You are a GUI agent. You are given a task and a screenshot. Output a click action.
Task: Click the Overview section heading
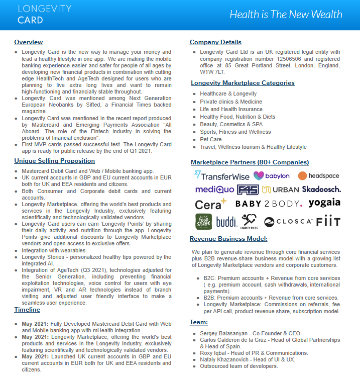pos(29,42)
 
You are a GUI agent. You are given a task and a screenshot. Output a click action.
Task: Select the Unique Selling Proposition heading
pos(54,161)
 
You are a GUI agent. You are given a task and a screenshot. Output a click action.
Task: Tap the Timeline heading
pos(27,310)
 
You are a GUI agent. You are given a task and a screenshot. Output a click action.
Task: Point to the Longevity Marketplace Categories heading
pos(243,83)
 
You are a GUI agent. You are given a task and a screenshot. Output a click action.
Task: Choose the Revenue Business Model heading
pos(228,239)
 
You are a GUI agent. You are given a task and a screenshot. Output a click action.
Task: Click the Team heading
pos(199,322)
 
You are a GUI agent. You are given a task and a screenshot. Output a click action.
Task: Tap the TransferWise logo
pos(221,176)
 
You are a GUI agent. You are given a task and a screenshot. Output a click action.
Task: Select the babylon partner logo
pos(272,176)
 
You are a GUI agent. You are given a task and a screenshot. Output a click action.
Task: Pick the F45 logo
pos(248,190)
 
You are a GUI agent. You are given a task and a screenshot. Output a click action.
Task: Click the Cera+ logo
pos(210,205)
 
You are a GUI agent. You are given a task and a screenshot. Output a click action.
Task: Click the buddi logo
pos(226,222)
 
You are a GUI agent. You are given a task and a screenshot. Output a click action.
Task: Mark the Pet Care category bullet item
pos(210,139)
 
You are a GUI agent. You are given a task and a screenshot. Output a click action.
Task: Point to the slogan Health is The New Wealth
pos(286,14)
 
